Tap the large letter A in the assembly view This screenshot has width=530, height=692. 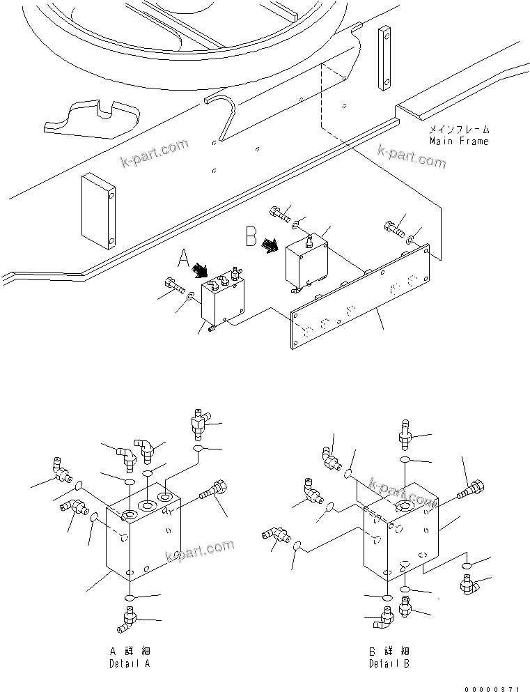[x=183, y=259]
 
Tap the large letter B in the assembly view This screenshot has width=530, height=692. [x=251, y=237]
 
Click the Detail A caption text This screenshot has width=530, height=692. [x=130, y=663]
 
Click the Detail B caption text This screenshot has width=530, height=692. [x=389, y=663]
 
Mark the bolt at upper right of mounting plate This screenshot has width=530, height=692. [x=393, y=227]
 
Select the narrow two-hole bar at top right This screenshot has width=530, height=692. [x=384, y=59]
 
